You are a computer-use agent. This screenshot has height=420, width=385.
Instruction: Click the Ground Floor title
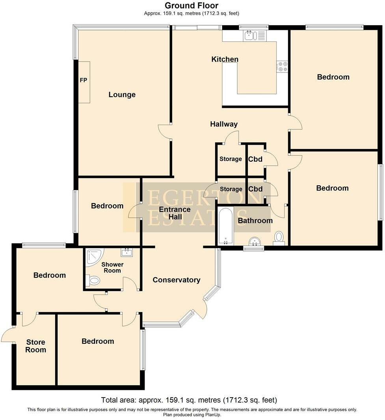192,6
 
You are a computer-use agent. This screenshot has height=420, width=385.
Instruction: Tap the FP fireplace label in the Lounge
84,80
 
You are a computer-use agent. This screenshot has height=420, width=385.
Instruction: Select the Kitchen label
225,60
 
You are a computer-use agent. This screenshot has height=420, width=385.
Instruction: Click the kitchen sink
250,36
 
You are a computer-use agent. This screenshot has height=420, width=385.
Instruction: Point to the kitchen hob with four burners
283,66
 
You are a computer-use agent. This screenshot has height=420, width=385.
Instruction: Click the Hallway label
224,124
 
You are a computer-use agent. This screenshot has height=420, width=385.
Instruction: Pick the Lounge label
122,95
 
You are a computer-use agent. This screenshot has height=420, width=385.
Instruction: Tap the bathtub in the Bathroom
226,226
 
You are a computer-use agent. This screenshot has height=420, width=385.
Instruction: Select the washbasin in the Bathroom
254,241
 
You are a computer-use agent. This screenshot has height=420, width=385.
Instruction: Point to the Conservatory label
176,280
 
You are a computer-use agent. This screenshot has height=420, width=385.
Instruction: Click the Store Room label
36,346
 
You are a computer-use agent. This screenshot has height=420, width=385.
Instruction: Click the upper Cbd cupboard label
255,159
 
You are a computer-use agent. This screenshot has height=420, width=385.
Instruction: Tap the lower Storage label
231,189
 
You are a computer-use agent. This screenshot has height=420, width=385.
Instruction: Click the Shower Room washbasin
126,252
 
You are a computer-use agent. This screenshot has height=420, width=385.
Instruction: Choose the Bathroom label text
255,220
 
